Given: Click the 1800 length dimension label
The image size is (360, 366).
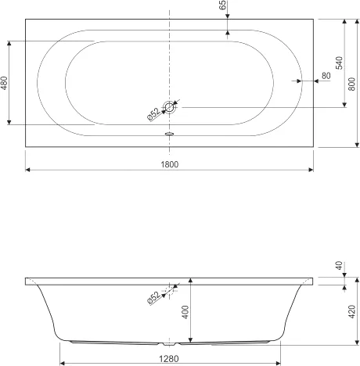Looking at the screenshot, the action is coord(169,164).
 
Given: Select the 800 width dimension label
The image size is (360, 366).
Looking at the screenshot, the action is coord(352,84).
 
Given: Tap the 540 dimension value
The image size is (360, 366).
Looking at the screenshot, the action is coord(339,63).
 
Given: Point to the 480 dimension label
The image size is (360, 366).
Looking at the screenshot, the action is coord(4,83).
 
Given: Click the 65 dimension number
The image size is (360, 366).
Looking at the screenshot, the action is coord(223,5).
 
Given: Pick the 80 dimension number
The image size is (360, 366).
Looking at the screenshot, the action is coord(326,76).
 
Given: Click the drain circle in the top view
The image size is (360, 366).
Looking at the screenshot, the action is coord(169,107).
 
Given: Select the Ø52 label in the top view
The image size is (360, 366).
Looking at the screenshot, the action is coord(154,114).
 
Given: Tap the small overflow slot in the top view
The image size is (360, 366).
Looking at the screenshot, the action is coord(169,134).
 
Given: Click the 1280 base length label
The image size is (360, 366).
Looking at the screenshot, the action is coord(169,359).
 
